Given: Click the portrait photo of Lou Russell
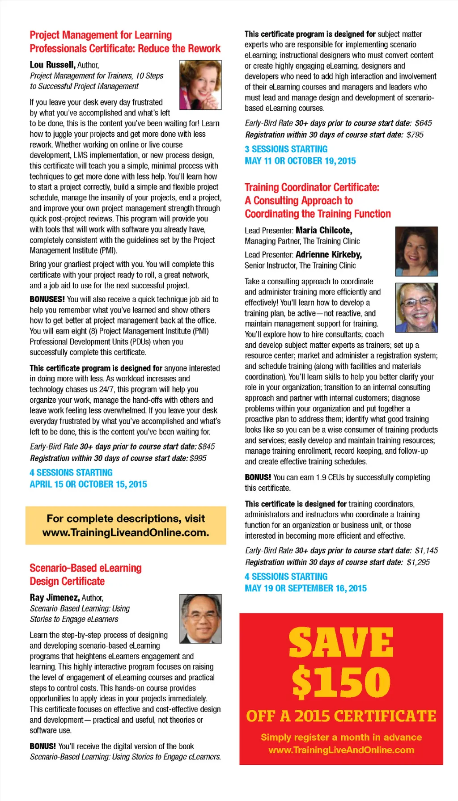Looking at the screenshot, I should [200, 85].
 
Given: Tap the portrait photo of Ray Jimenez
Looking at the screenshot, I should [200, 619].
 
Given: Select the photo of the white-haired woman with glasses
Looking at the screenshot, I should [416, 308].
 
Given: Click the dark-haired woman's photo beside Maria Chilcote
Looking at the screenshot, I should [416, 251].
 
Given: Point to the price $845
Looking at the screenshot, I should [206, 447].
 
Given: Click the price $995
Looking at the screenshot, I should [198, 458].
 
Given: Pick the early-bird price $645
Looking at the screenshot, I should [423, 123].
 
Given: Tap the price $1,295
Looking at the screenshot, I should [418, 562].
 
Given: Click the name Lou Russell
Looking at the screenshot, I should [52, 65].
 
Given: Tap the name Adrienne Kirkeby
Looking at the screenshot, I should [329, 255].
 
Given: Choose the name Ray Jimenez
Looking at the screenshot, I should [55, 598].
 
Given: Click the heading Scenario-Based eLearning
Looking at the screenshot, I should [85, 568].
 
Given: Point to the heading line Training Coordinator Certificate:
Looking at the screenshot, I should [312, 187].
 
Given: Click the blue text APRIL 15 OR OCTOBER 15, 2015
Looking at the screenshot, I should [88, 485].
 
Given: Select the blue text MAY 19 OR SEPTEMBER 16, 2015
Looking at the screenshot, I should [305, 589].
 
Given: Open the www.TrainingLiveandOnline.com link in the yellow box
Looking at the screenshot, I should [126, 533].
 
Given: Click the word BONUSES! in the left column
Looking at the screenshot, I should [47, 299].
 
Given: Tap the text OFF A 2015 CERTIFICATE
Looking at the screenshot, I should [341, 716].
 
